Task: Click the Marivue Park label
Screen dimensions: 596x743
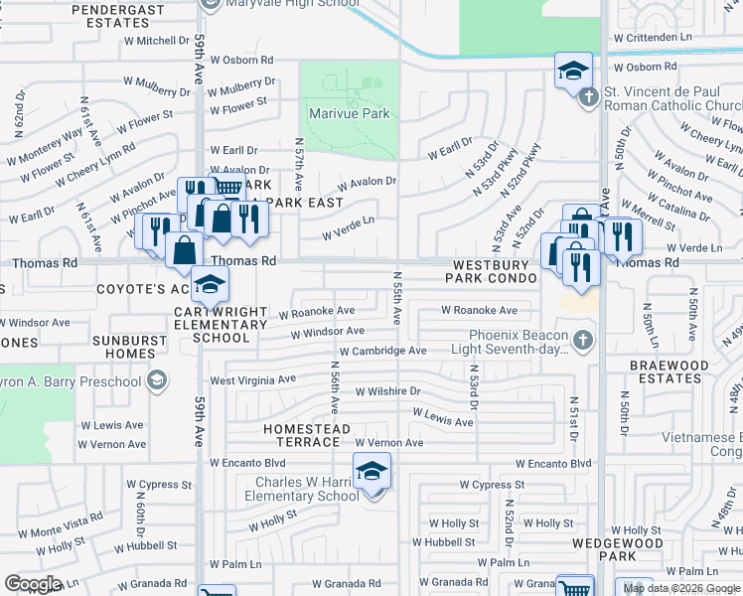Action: click(349, 114)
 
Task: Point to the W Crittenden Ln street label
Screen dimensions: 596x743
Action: click(652, 37)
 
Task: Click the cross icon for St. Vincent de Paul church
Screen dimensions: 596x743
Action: click(588, 96)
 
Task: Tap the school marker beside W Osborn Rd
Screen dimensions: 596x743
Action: click(573, 73)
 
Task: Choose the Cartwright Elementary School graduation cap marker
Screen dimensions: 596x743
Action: click(210, 286)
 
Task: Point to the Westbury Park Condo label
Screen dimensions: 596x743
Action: click(497, 272)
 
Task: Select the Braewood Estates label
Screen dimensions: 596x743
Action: click(669, 372)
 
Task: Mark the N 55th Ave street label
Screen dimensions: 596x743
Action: click(397, 299)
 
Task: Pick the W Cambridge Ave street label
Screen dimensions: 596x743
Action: click(382, 351)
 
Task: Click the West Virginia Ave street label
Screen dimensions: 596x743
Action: click(252, 379)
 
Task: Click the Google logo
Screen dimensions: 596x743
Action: click(33, 584)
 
